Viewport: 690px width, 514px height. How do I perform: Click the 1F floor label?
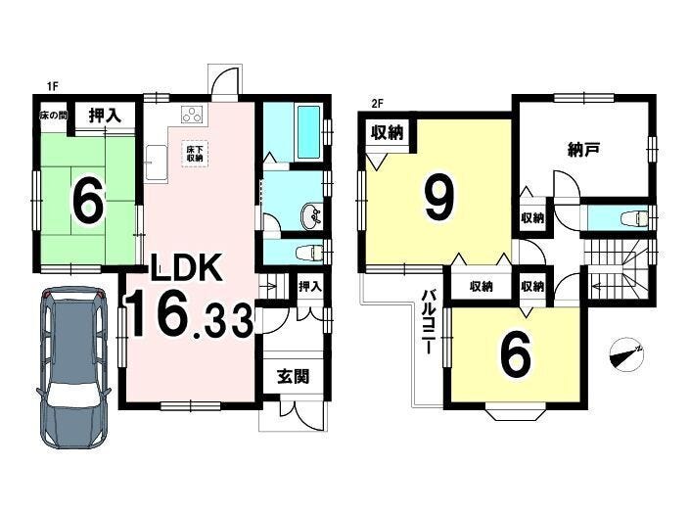point(53,87)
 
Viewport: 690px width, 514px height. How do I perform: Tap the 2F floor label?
point(377,105)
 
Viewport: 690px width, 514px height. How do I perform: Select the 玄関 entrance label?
point(294,376)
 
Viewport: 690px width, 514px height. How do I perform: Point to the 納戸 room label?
point(583,151)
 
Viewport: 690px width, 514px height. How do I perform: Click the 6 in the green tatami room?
point(89,204)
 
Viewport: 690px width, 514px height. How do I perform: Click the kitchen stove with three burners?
point(192,115)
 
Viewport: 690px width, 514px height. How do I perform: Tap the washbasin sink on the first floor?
point(310,216)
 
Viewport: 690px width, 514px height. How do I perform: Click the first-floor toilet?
point(310,253)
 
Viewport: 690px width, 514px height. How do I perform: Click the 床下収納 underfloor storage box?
point(195,154)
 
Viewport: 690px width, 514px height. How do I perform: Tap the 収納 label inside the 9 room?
point(387,132)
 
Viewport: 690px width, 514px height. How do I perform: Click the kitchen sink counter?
point(157,163)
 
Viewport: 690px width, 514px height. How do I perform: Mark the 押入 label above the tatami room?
point(105,116)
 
